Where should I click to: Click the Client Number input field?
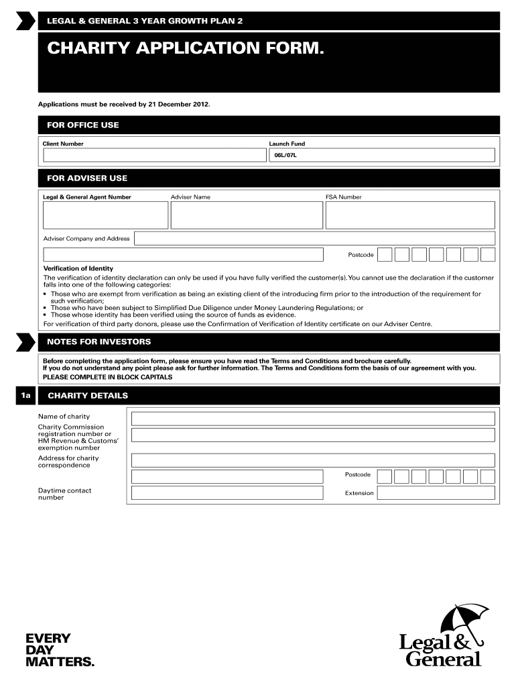pos(154,155)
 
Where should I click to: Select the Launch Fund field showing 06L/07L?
pos(381,155)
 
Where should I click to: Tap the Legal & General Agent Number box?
pos(105,215)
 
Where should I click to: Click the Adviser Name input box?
pos(246,215)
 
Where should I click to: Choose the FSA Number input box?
pos(410,215)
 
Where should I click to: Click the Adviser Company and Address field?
pos(314,238)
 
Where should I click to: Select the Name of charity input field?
pos(313,419)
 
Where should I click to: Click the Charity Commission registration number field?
pos(313,435)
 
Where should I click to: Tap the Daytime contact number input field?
pos(236,493)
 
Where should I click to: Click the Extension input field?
pos(436,493)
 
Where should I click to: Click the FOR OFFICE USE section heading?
pos(82,125)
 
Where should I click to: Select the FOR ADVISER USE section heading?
pos(86,178)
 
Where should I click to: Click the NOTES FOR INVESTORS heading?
pos(99,341)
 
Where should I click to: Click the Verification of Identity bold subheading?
pos(78,269)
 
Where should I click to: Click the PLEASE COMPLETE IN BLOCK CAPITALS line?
pos(107,377)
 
